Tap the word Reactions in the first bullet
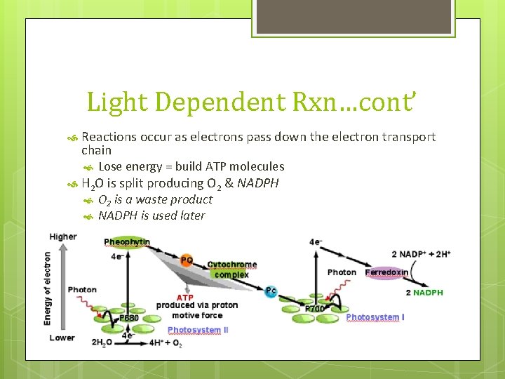pos(108,137)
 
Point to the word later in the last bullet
pos(191,215)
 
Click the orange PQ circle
pos(187,260)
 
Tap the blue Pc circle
pos(271,291)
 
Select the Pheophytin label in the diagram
pos(127,242)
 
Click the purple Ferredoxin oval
pos(386,272)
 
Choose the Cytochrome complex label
pos(232,270)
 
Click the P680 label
pos(128,318)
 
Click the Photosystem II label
pos(198,330)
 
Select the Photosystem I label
pos(375,317)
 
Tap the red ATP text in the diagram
pos(184,298)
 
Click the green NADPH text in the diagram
pos(428,293)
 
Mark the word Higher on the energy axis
pos(63,237)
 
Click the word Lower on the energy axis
pos(62,338)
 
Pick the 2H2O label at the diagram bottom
pos(103,343)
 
